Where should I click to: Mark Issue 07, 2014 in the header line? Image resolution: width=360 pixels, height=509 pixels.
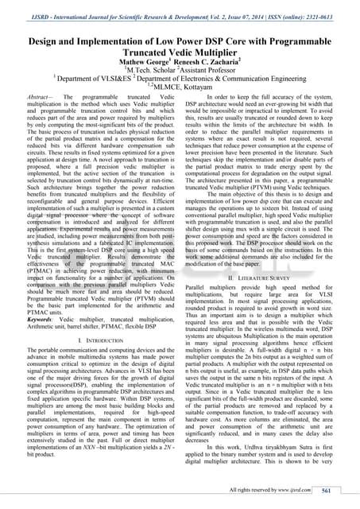(242, 14)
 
